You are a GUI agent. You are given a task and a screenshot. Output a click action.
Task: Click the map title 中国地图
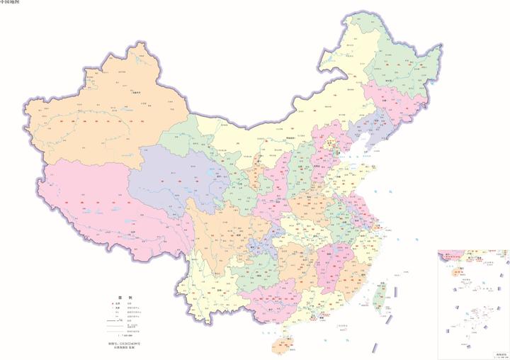(x=10, y=4)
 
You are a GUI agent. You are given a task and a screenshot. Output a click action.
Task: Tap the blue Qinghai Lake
(x=210, y=171)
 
